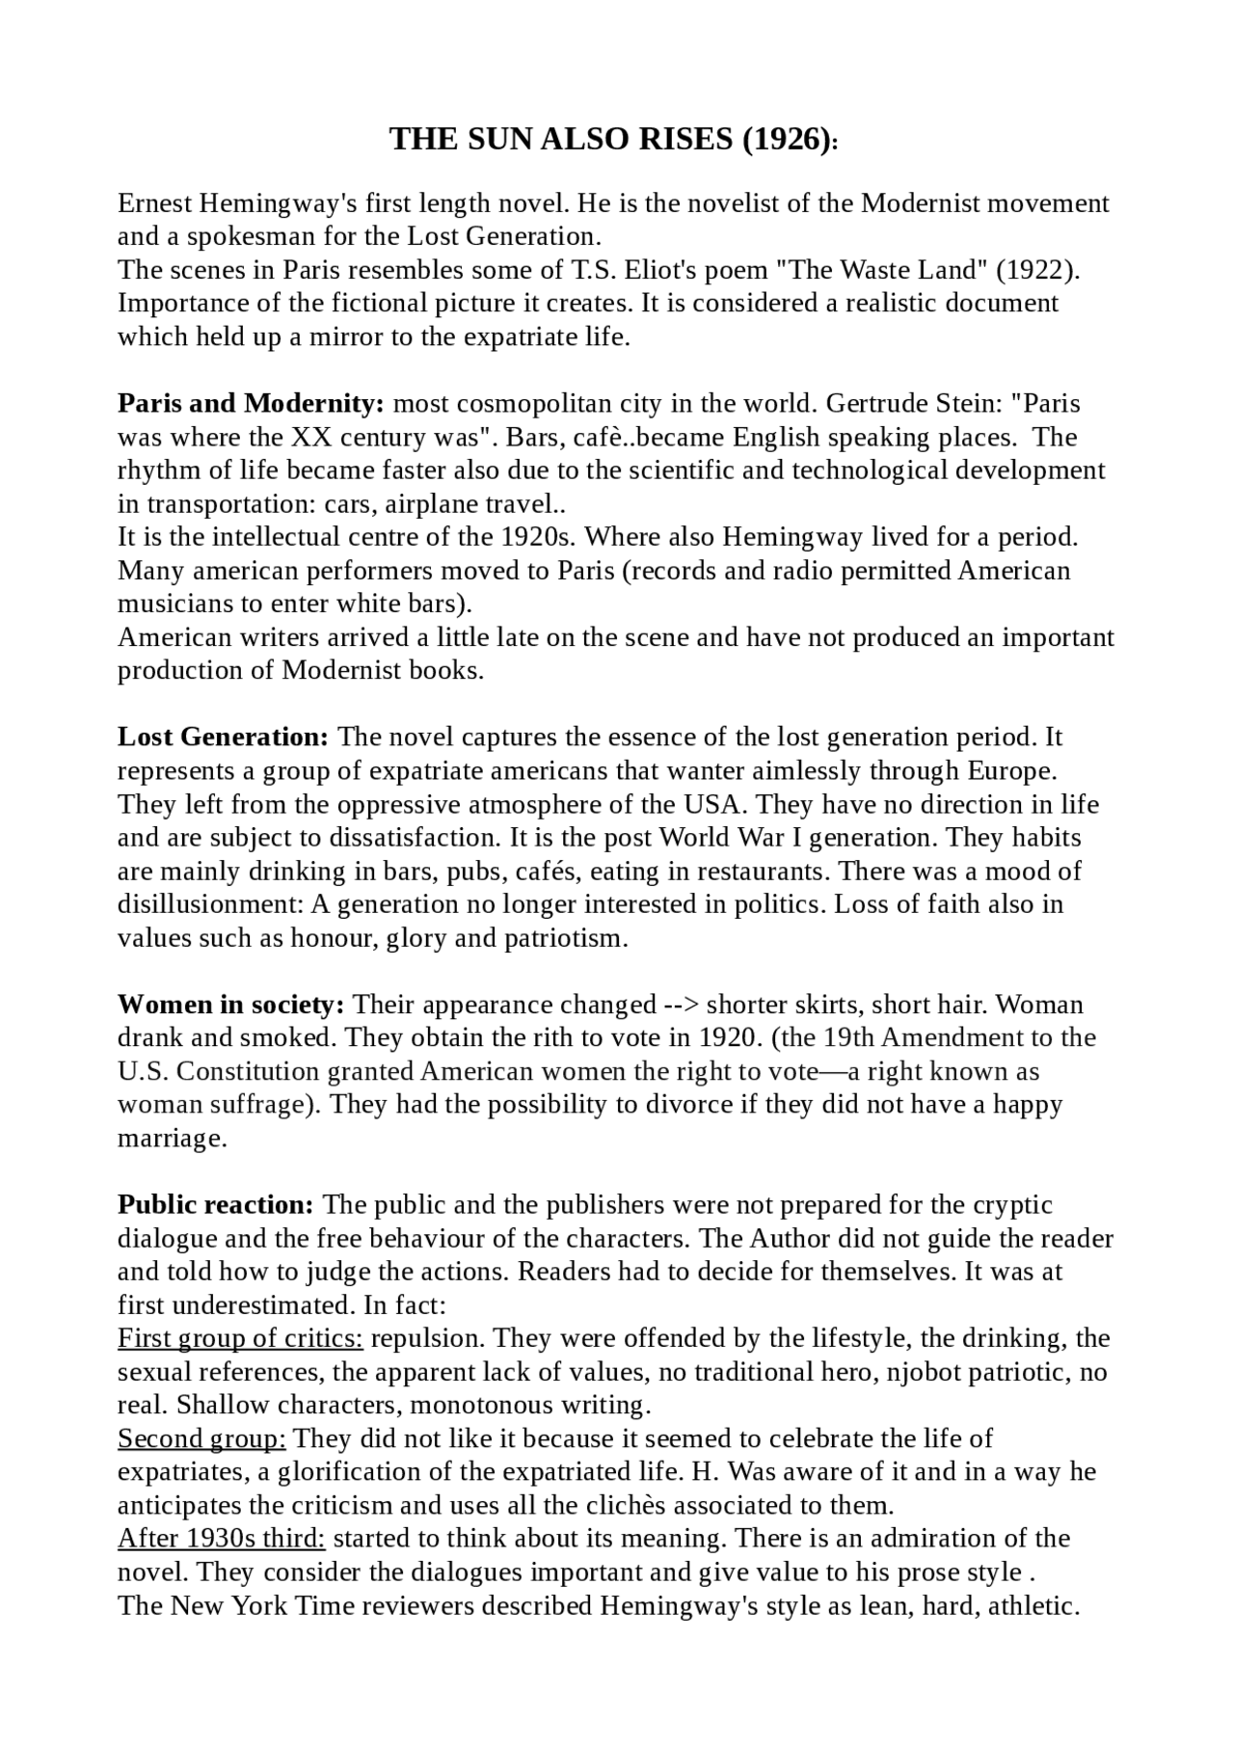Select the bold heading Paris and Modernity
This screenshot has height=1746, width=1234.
click(251, 403)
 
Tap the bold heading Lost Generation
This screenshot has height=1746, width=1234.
click(224, 738)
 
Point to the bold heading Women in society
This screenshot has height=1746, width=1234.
click(231, 1005)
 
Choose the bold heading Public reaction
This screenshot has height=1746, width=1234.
click(216, 1205)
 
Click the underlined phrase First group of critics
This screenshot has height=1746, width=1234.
click(240, 1339)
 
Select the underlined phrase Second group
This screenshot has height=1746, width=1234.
click(201, 1439)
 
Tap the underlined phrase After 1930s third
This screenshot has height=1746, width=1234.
click(222, 1540)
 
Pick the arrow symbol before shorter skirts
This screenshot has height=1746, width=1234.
click(682, 1005)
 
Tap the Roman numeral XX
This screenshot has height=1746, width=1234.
click(309, 437)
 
